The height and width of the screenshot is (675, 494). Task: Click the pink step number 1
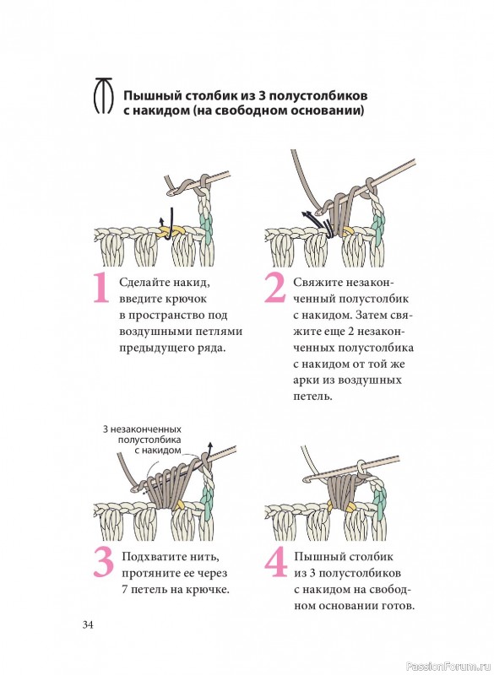101,288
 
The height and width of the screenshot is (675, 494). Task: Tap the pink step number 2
274,288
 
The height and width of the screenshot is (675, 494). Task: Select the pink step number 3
103,563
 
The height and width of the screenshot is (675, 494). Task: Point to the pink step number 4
275,562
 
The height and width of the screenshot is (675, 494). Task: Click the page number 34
88,624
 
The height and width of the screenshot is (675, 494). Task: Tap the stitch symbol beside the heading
103,95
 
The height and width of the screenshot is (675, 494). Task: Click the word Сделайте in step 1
144,283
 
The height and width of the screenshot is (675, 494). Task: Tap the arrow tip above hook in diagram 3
210,444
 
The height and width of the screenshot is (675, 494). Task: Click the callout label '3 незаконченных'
142,429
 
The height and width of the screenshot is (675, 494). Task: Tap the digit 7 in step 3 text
124,589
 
